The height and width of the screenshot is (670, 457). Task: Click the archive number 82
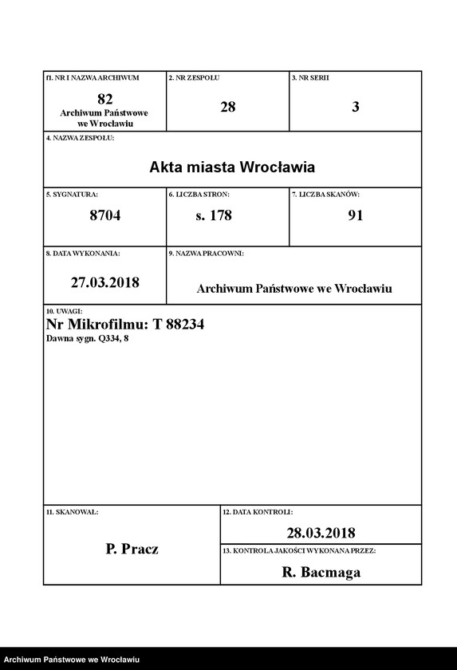click(x=104, y=99)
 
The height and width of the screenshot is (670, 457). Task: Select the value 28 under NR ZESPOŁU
click(x=227, y=106)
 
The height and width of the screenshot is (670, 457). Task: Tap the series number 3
click(x=355, y=106)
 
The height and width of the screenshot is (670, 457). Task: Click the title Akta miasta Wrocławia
click(x=232, y=167)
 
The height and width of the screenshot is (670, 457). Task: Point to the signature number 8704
click(x=104, y=215)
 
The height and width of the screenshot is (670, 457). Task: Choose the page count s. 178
click(x=214, y=215)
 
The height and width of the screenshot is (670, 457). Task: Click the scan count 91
click(x=355, y=215)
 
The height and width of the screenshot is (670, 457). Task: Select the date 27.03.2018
click(x=104, y=282)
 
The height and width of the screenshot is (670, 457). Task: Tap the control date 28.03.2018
click(x=321, y=533)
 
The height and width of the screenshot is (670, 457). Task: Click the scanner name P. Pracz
click(x=132, y=549)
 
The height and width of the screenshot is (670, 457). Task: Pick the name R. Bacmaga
click(x=321, y=572)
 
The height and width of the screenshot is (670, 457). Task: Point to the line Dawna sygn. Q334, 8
click(x=88, y=339)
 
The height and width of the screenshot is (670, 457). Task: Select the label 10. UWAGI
click(x=65, y=310)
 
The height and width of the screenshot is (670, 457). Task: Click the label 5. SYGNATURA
click(x=73, y=195)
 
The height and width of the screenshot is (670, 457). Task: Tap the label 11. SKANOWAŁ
click(x=73, y=510)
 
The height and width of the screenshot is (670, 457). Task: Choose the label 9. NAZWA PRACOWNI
click(x=207, y=253)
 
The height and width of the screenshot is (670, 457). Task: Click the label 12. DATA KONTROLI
click(x=258, y=510)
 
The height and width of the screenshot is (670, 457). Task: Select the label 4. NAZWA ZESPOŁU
click(x=81, y=138)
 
